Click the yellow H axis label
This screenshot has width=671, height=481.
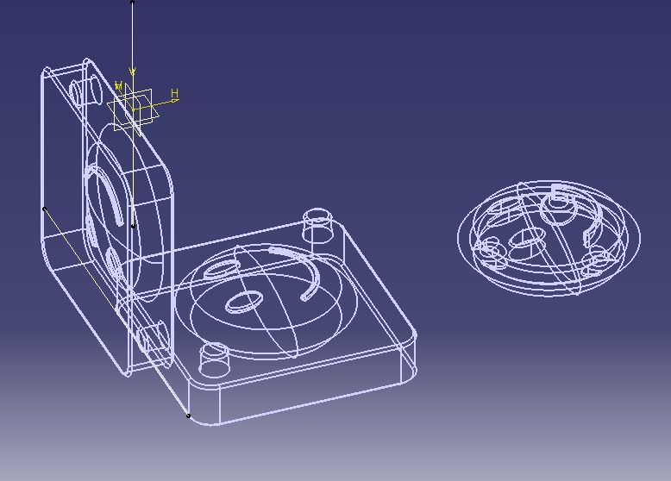click(x=174, y=94)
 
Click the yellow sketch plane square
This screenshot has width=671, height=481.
click(x=132, y=109)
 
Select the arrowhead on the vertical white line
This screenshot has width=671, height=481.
click(x=133, y=72)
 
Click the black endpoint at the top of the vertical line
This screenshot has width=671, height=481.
click(x=133, y=2)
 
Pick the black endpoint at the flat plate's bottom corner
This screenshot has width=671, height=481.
click(x=189, y=415)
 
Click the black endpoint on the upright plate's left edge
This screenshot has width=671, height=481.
click(x=44, y=209)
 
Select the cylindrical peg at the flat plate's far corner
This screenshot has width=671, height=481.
click(x=318, y=223)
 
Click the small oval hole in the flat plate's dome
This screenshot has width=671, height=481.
click(x=242, y=302)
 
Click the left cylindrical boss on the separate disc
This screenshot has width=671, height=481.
click(x=490, y=252)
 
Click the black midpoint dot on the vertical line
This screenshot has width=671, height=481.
click(x=133, y=226)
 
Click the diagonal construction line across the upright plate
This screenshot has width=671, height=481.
click(x=82, y=259)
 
